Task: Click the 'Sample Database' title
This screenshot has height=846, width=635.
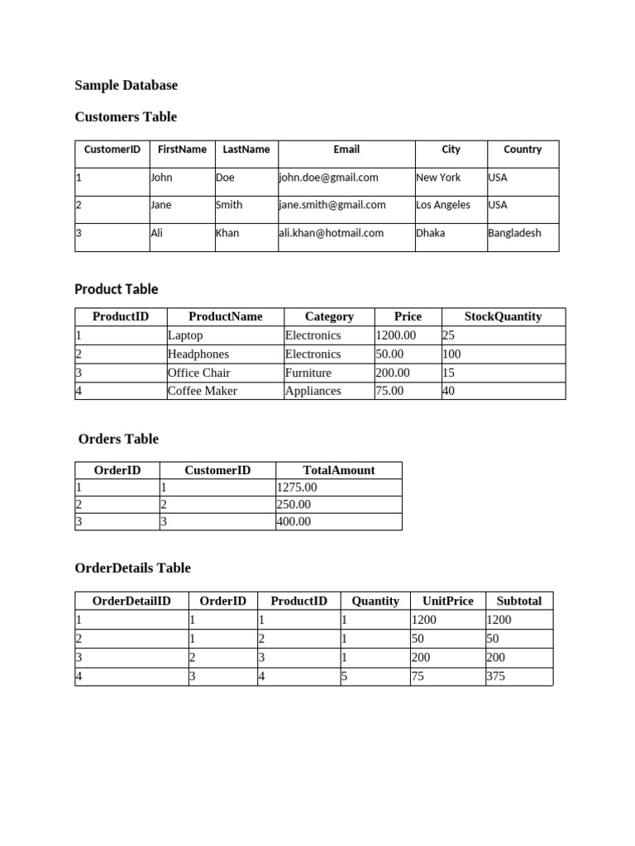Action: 126,85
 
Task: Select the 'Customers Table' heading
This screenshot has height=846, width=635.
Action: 125,116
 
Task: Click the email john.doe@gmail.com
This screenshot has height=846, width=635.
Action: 328,178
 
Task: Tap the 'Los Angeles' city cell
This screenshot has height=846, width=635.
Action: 443,205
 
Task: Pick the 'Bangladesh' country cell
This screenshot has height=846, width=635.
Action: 514,233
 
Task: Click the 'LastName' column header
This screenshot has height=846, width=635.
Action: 246,150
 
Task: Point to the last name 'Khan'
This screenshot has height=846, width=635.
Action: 227,233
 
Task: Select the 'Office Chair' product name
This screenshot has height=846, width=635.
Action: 198,373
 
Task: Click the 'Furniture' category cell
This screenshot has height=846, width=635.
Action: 308,373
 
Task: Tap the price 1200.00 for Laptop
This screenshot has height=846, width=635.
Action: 396,335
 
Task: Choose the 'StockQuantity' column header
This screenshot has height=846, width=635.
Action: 503,316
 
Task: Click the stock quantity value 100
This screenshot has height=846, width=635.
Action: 451,354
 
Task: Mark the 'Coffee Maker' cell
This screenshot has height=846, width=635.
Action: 202,391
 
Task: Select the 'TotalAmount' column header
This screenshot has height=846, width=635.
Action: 338,470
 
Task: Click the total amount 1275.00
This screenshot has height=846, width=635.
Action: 296,487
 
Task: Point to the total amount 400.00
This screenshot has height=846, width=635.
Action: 294,521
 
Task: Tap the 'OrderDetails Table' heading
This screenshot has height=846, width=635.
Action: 132,568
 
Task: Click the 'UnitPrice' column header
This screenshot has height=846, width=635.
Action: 447,601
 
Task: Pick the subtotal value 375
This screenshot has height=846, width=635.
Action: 496,676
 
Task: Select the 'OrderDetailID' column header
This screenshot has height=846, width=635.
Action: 131,601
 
